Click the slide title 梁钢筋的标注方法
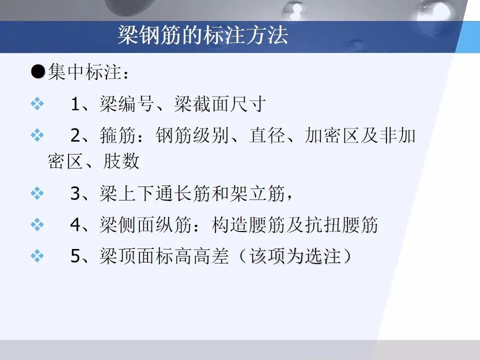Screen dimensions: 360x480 pyautogui.click(x=202, y=35)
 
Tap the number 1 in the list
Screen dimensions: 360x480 pyautogui.click(x=75, y=105)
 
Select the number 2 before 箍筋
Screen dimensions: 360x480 pyautogui.click(x=75, y=135)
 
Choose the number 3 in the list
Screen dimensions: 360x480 pyautogui.click(x=75, y=194)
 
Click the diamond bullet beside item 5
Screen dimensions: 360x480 pyautogui.click(x=37, y=256)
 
